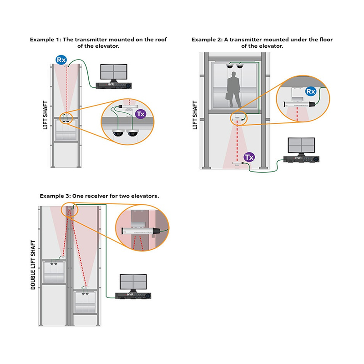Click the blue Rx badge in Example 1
click(61, 60)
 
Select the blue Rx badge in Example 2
click(311, 91)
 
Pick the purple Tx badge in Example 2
click(249, 157)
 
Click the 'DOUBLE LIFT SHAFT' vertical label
click(33, 265)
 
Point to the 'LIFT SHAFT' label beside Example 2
click(195, 115)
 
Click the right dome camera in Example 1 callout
click(133, 133)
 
